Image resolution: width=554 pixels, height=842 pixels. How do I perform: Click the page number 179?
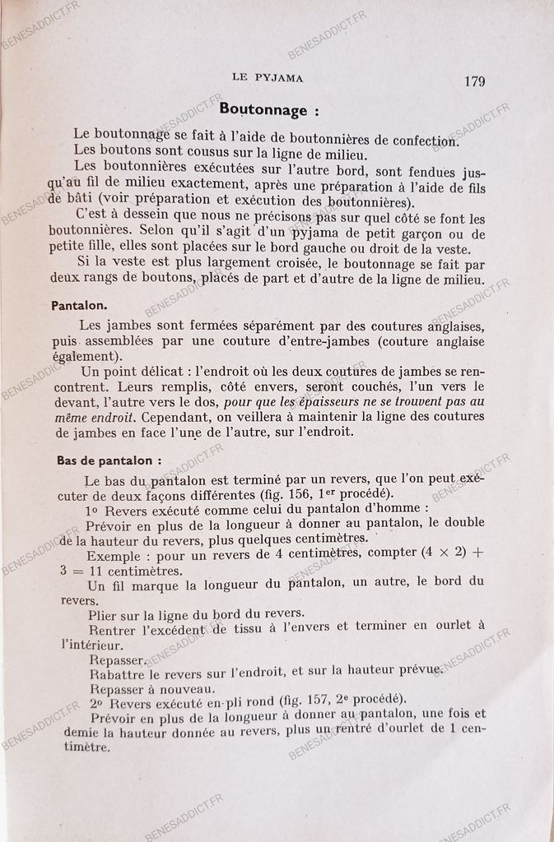tap(474, 81)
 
